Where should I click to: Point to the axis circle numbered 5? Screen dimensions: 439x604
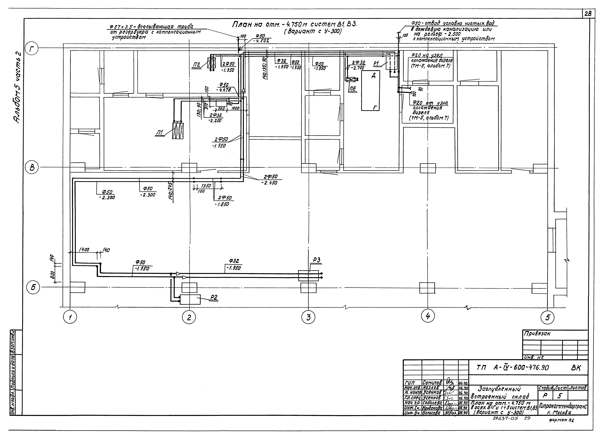(x=548, y=317)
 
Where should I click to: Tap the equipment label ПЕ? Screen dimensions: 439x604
(x=353, y=89)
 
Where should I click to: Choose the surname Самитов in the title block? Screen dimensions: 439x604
(x=432, y=383)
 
